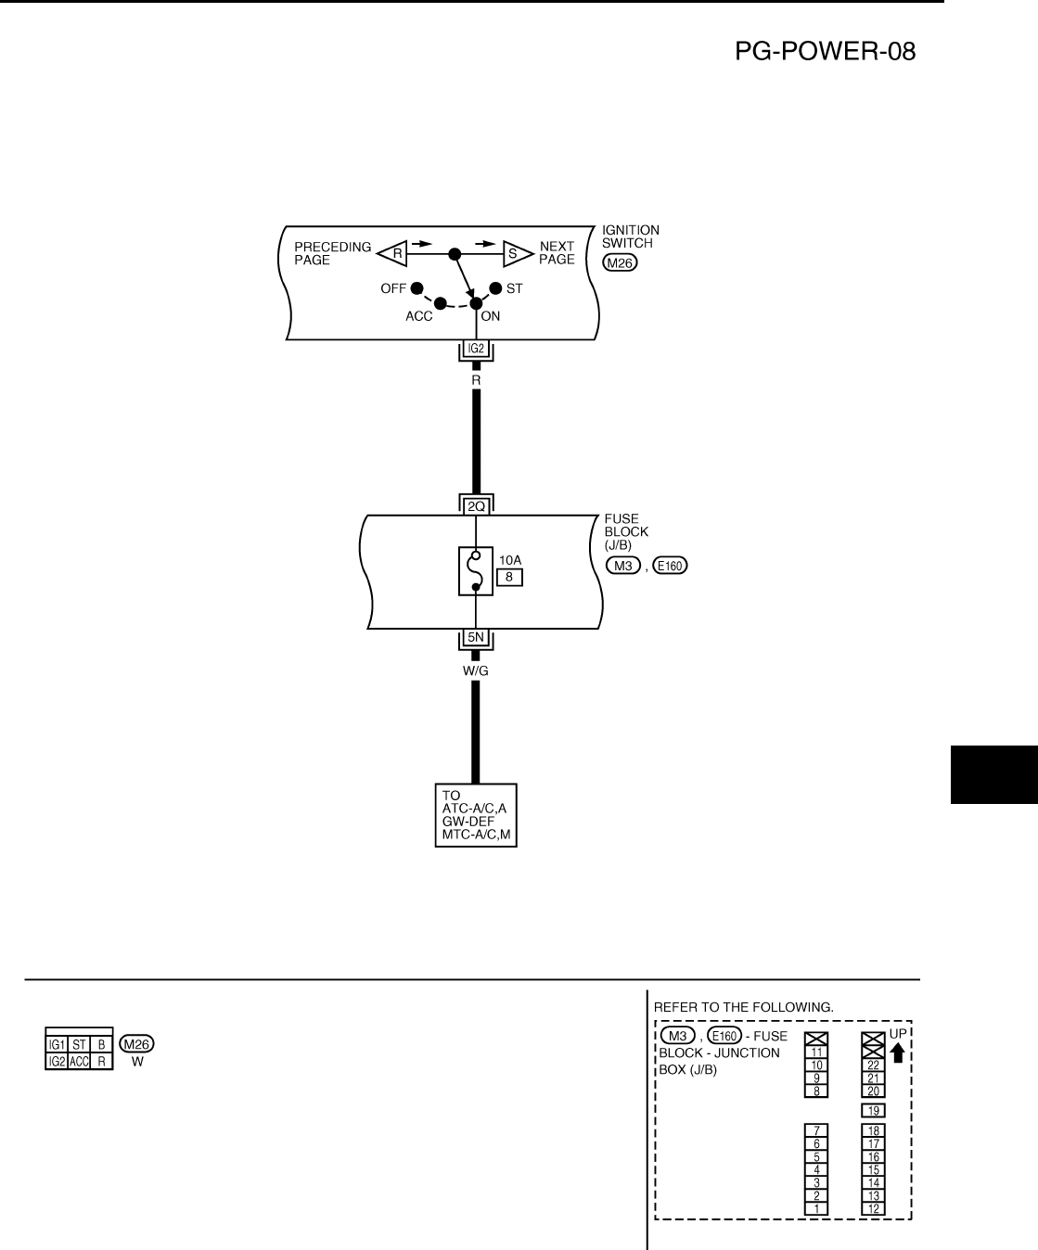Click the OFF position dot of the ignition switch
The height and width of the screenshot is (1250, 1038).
point(416,288)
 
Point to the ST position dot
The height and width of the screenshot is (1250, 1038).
point(495,288)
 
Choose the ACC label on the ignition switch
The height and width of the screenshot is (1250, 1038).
point(419,316)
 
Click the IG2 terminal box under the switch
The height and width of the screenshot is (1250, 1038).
point(476,350)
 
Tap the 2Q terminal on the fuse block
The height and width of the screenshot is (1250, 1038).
point(476,506)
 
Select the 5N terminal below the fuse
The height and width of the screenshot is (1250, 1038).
point(476,638)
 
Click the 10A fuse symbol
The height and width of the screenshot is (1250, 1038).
point(476,570)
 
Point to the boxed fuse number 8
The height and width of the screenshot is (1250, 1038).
point(509,578)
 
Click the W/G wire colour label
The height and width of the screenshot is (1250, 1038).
point(476,670)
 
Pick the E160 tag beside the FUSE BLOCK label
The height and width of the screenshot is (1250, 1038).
point(670,567)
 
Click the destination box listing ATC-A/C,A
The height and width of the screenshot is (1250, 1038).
point(476,816)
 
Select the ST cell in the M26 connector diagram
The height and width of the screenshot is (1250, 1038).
point(79,1044)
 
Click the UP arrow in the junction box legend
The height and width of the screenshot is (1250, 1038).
point(897,1052)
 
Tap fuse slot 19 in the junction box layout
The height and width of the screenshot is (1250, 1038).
point(872,1111)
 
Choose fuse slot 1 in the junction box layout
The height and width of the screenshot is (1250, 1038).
point(815,1208)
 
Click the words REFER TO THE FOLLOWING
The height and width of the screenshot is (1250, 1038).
point(744,1005)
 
